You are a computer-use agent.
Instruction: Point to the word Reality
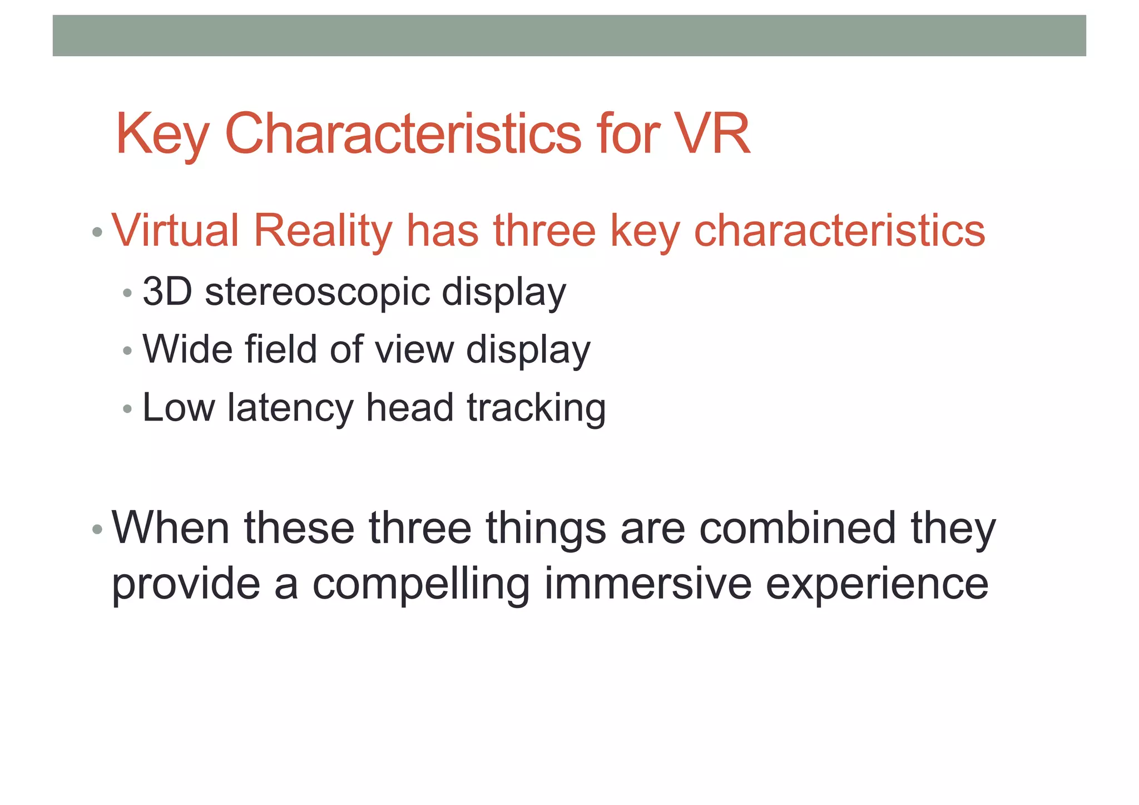(323, 231)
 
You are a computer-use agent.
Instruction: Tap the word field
(281, 349)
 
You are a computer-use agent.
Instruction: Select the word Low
(179, 408)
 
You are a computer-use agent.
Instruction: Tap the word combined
(797, 527)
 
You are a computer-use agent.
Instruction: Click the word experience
(877, 585)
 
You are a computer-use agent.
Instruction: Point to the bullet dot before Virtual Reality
(97, 231)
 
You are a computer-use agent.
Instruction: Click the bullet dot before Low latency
(127, 409)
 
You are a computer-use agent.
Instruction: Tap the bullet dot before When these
(97, 529)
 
